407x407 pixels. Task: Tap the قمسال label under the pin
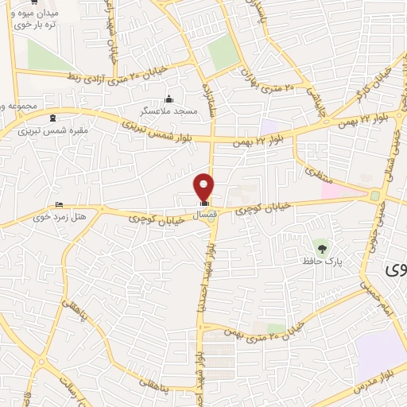[204, 214]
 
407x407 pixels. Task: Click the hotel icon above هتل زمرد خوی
[59, 205]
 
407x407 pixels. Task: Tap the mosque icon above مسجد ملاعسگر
[168, 99]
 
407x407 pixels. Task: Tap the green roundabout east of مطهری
[374, 196]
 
